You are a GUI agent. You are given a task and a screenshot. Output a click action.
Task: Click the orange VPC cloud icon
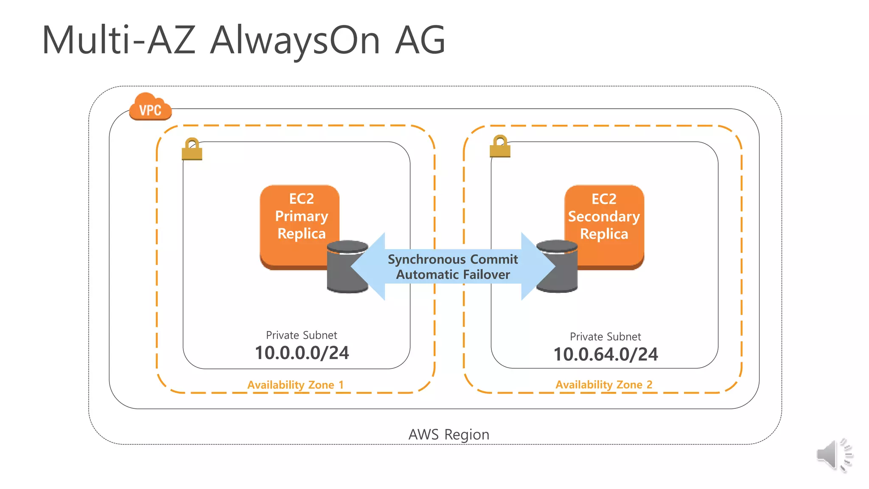coord(150,107)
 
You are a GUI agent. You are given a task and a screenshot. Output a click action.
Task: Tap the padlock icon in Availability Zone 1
coord(192,149)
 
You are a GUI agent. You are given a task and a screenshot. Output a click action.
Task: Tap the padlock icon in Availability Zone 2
coord(500,147)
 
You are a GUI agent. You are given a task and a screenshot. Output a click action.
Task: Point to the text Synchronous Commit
coord(453,259)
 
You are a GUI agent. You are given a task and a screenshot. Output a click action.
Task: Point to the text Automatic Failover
coord(453,275)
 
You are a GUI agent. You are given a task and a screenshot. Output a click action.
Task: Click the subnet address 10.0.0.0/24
coord(302,353)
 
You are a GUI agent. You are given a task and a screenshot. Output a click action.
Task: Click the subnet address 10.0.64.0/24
coord(605,354)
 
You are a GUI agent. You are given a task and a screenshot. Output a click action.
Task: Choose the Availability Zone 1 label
coord(295,385)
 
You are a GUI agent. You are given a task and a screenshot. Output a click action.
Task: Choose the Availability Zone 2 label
coord(604,385)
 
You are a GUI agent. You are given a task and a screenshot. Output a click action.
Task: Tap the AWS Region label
coord(449,435)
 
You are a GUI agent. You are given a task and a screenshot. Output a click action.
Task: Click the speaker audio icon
coord(834,455)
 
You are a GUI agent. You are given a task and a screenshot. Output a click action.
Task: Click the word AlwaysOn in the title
coord(295,40)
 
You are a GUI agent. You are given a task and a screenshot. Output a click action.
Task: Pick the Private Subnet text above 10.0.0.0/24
coord(301,335)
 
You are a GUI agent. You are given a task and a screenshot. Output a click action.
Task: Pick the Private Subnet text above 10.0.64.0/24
coord(605,337)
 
